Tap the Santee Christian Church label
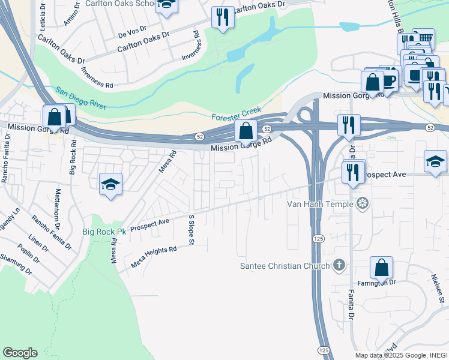(285, 266)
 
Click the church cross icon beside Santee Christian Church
(339, 265)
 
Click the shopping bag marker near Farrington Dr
(381, 268)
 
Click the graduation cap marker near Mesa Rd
(110, 183)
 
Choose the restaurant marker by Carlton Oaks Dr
(223, 18)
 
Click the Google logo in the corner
(20, 353)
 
